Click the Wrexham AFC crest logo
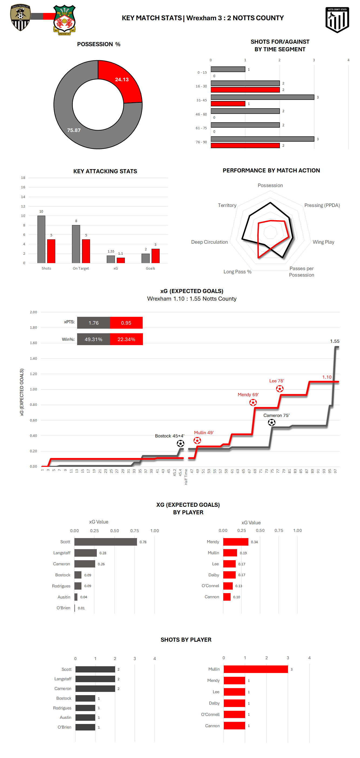point(64,20)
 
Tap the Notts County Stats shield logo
point(337,20)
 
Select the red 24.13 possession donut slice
point(122,82)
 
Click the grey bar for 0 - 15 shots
point(228,69)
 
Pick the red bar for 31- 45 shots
point(228,104)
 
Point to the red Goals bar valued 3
point(155,256)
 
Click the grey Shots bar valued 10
point(41,239)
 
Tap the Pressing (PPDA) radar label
point(322,205)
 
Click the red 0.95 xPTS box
point(126,323)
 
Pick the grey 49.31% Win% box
point(93,339)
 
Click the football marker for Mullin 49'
point(197,440)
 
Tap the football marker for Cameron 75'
point(272,423)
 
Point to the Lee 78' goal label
point(276,381)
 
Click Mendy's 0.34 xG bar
point(236,542)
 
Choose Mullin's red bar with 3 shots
point(256,669)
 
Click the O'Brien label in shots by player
point(64,727)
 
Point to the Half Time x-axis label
point(186,477)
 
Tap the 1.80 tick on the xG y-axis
point(33,328)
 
